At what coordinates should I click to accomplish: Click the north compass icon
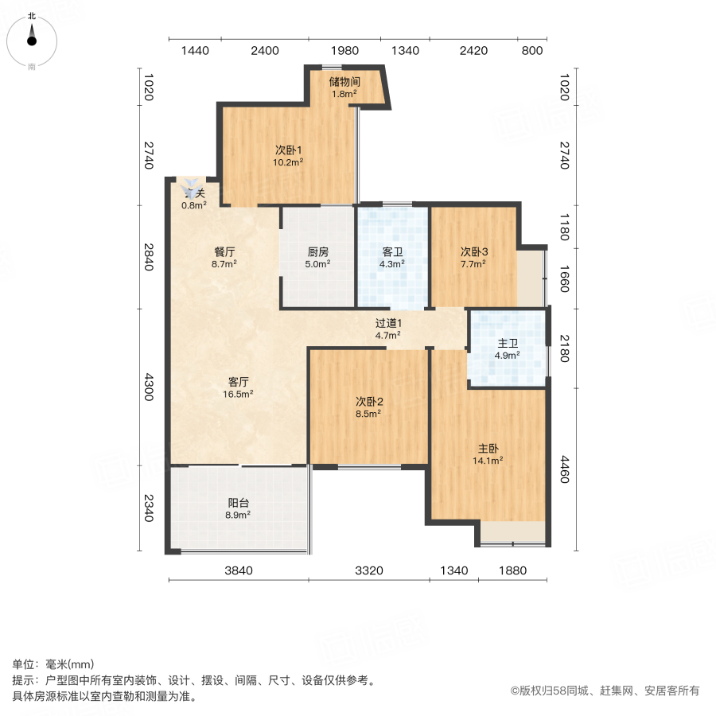click(x=32, y=37)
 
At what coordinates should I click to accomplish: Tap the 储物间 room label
click(x=345, y=81)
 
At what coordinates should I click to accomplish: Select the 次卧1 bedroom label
click(x=288, y=150)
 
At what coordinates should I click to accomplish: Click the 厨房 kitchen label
click(x=318, y=252)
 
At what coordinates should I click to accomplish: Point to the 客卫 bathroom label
click(x=392, y=252)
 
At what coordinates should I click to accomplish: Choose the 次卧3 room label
click(x=473, y=252)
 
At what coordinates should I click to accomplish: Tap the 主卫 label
click(x=508, y=344)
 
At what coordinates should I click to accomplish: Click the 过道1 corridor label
click(x=389, y=323)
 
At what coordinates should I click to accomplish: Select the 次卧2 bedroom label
click(x=368, y=401)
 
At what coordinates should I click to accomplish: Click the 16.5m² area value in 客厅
click(x=239, y=393)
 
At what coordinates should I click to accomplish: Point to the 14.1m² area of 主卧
click(x=488, y=460)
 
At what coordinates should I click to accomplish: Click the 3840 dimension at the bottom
click(x=237, y=570)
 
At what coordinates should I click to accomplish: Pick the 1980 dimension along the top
click(x=346, y=51)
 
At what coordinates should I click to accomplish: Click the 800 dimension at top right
click(x=532, y=51)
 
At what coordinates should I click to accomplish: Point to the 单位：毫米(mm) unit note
click(x=53, y=665)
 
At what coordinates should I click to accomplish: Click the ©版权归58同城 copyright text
click(x=605, y=691)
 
